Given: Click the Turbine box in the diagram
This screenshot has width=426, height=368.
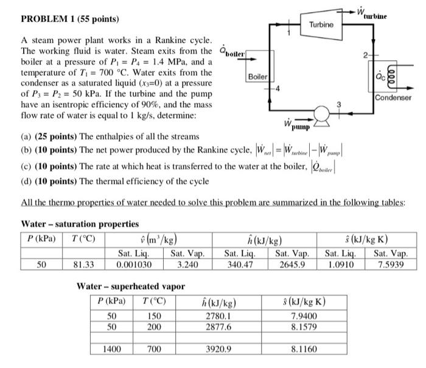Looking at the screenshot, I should click(321, 25).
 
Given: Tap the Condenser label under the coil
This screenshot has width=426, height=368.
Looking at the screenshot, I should click(394, 97).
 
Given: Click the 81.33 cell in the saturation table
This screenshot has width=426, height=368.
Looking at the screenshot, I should click(83, 264).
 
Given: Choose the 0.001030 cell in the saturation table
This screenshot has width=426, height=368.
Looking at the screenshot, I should click(134, 264).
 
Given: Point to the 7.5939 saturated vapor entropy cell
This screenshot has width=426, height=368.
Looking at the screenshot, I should click(391, 264).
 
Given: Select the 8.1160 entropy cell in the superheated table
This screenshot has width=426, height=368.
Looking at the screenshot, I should click(304, 350).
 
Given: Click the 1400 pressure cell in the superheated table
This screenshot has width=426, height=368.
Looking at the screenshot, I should click(112, 350).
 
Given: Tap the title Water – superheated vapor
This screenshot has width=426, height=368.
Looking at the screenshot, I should click(130, 286).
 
